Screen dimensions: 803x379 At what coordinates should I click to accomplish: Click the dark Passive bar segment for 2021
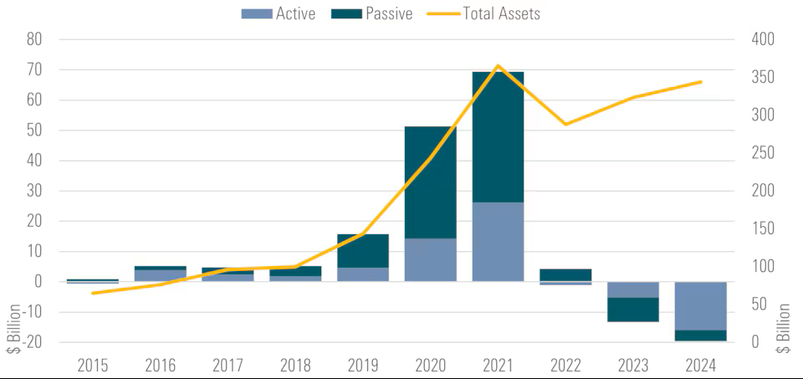click(498, 137)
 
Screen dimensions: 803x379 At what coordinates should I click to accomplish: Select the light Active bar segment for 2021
click(498, 242)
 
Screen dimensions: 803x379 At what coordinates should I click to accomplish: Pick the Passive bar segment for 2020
click(430, 182)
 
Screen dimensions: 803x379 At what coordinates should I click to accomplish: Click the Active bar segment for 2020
click(430, 259)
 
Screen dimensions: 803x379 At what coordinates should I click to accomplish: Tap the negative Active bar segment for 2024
click(701, 306)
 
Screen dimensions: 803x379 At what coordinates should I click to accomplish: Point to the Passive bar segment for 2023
click(633, 310)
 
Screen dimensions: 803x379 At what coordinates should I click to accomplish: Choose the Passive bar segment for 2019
click(362, 251)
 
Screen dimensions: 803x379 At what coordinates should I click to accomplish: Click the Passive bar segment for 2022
click(565, 275)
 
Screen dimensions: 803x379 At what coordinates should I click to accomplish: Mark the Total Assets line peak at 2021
click(498, 65)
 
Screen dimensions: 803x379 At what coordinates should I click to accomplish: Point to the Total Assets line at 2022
click(565, 125)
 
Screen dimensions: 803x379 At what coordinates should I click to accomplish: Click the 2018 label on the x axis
click(295, 366)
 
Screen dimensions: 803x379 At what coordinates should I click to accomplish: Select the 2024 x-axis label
click(701, 366)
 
